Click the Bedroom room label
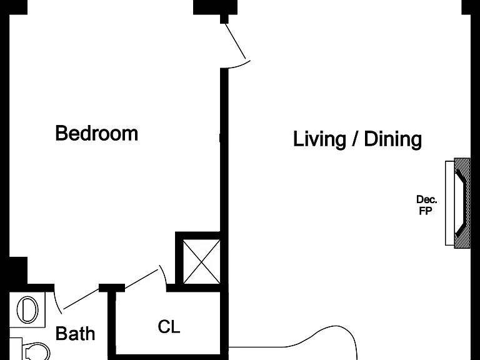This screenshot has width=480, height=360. pos(96,133)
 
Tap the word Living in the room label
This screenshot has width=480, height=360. pos(319,139)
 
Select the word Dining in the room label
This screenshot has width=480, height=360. pos(392,139)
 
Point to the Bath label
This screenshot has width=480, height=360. pos(75,333)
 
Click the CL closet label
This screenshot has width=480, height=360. pos(169,327)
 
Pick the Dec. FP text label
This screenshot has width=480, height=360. pos(426,205)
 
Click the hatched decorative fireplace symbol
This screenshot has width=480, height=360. pos(462,203)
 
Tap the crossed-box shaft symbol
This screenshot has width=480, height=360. pos(201,262)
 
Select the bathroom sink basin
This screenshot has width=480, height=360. pos(27,309)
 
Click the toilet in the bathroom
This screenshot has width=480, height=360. pos(36,351)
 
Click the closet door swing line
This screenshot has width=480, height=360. pos(141,279)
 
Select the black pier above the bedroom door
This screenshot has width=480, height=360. pos(215,7)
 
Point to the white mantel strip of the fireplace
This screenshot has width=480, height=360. pos(450,203)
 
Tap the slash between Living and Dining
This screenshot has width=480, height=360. pos(355,139)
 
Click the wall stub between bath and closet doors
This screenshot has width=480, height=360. pos(112,288)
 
